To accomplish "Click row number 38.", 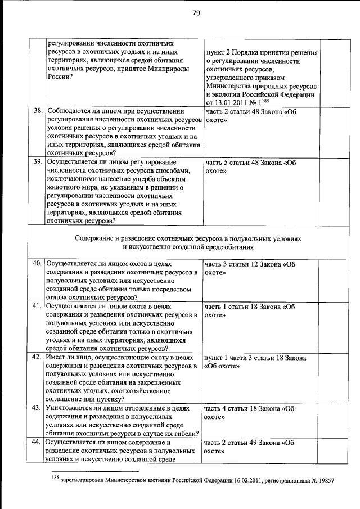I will pyautogui.click(x=38, y=111).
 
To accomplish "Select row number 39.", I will pyautogui.click(x=38, y=162).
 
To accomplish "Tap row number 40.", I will pyautogui.click(x=38, y=263).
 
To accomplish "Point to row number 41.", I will pyautogui.click(x=38, y=307).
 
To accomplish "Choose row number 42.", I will pyautogui.click(x=38, y=357).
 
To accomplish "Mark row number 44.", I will pyautogui.click(x=38, y=443).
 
